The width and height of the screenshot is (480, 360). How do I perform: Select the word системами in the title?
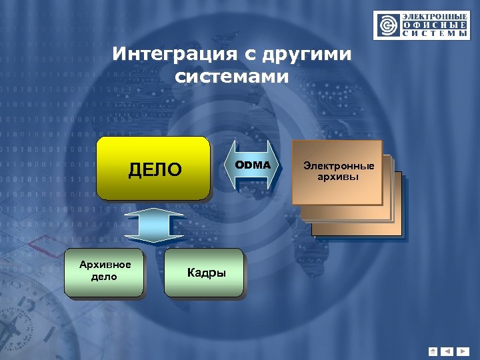232,77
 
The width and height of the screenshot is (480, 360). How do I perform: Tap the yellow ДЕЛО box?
153,169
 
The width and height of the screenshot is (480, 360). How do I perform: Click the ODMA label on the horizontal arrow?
252,165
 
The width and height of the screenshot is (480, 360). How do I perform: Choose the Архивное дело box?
104,271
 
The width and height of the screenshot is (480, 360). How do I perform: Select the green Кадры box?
205,272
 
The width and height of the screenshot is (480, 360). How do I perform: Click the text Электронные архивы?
338,171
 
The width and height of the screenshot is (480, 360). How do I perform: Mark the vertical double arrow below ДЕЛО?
154,227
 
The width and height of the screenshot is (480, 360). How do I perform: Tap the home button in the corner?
433,351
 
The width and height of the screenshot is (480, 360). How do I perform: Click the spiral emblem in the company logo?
387,25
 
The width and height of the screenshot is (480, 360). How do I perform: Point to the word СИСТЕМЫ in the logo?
433,33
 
